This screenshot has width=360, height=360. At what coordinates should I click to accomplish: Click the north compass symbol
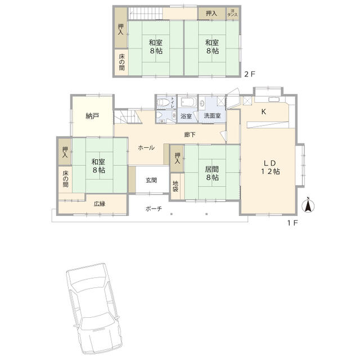coord(308,205)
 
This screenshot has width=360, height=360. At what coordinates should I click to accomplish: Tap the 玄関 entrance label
coord(151,180)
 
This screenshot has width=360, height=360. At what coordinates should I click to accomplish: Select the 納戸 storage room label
coord(92,116)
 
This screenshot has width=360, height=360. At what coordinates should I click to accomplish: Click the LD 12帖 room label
coord(270,167)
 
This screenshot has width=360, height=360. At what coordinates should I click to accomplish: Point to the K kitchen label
coord(264,112)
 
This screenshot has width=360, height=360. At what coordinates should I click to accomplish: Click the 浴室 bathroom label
coord(186,116)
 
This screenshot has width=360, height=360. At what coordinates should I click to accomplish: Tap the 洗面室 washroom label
coord(212,116)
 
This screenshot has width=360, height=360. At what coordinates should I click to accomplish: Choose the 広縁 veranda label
coord(100,204)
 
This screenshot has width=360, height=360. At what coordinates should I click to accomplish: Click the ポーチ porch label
coord(154,209)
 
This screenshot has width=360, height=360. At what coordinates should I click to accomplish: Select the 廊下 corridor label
coord(190,134)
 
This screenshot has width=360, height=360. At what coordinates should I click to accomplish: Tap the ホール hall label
coord(146,147)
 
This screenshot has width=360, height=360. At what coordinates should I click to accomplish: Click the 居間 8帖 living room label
coord(212,173)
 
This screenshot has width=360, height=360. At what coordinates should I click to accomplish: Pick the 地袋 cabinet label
coord(175,186)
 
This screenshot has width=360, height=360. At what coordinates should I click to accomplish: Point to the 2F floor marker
coord(250,74)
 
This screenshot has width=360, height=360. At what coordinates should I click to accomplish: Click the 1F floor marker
coord(292,223)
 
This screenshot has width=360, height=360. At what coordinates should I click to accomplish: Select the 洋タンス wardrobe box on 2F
coord(232,13)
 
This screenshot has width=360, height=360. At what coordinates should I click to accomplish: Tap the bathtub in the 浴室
coord(188,102)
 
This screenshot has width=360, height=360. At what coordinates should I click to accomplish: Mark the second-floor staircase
coord(145,13)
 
